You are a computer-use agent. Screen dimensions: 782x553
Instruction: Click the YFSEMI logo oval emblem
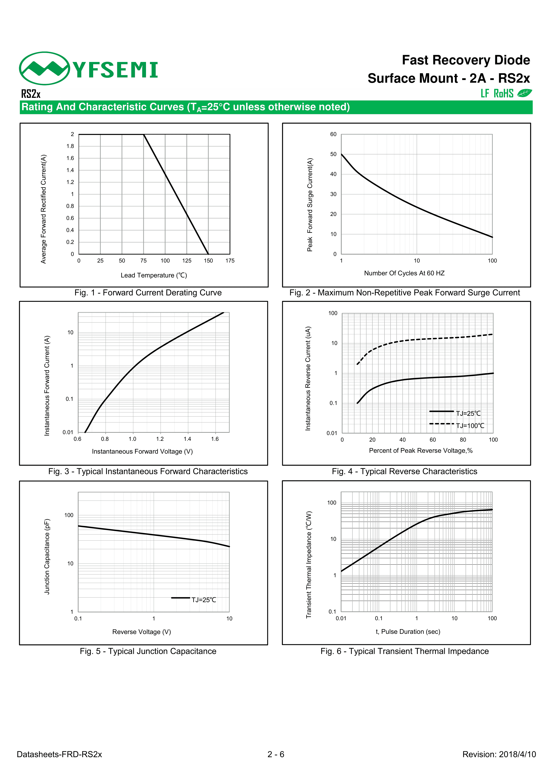pos(45,68)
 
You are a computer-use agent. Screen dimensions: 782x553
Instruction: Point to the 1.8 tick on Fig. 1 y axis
pos(70,146)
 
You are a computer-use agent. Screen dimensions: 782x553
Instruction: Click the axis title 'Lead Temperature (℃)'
pos(154,275)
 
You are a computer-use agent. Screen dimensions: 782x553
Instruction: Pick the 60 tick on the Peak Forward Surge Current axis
pos(333,134)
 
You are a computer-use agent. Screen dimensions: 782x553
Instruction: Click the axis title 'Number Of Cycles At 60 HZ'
pos(404,273)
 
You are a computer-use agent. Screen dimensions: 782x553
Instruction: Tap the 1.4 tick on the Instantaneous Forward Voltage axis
pos(187,439)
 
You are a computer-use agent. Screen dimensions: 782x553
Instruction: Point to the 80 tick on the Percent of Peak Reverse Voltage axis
pos(463,440)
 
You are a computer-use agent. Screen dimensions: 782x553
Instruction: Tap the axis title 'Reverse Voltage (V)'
pos(141,632)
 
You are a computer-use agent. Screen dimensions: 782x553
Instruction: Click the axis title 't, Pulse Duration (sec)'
pos(408,631)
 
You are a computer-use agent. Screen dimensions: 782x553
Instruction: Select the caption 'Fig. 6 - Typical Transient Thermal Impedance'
pos(405,651)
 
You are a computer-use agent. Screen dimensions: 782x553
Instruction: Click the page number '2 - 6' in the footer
pos(276,754)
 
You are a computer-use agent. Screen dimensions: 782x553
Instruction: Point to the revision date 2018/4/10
pos(517,754)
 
